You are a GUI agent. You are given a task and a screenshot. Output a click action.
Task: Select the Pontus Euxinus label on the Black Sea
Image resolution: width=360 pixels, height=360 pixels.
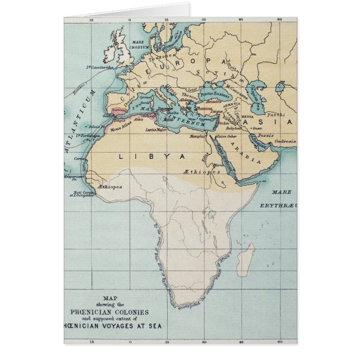coord(215,96)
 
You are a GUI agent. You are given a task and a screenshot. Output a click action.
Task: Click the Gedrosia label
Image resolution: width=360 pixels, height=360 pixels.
coord(285,142)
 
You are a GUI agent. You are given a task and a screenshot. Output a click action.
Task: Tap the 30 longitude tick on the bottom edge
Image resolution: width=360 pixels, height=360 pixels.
coord(205,340)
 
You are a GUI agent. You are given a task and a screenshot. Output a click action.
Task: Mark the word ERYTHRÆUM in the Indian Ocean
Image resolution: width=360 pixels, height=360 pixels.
coord(276,205)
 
